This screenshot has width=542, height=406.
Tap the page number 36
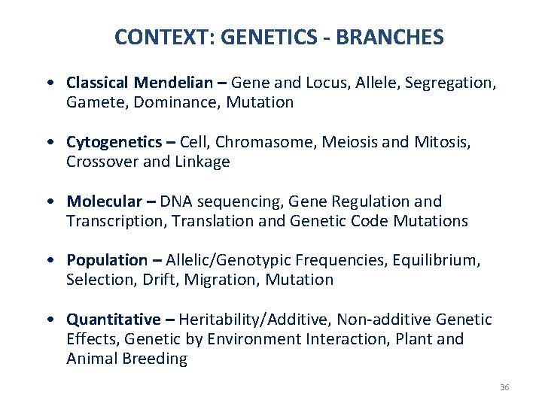coord(504,387)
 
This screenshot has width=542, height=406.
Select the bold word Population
coord(107,260)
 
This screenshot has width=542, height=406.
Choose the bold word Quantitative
coord(113,320)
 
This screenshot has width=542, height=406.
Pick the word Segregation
coord(449,83)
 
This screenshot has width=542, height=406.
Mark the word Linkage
coord(203,162)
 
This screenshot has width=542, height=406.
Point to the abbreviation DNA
coord(176,201)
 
